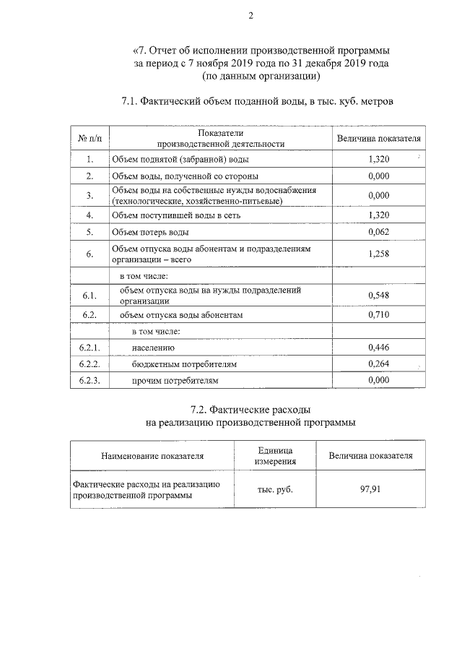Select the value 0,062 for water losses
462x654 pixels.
(378, 233)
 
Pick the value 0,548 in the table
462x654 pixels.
(378, 296)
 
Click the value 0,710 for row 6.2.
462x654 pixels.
(378, 315)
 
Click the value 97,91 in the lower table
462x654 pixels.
(370, 489)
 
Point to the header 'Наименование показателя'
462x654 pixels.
(152, 456)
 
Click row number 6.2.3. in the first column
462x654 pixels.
(90, 380)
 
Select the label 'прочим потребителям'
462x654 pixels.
(174, 380)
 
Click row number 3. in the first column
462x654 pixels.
(90, 195)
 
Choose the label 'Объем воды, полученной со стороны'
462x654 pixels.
(185, 176)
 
